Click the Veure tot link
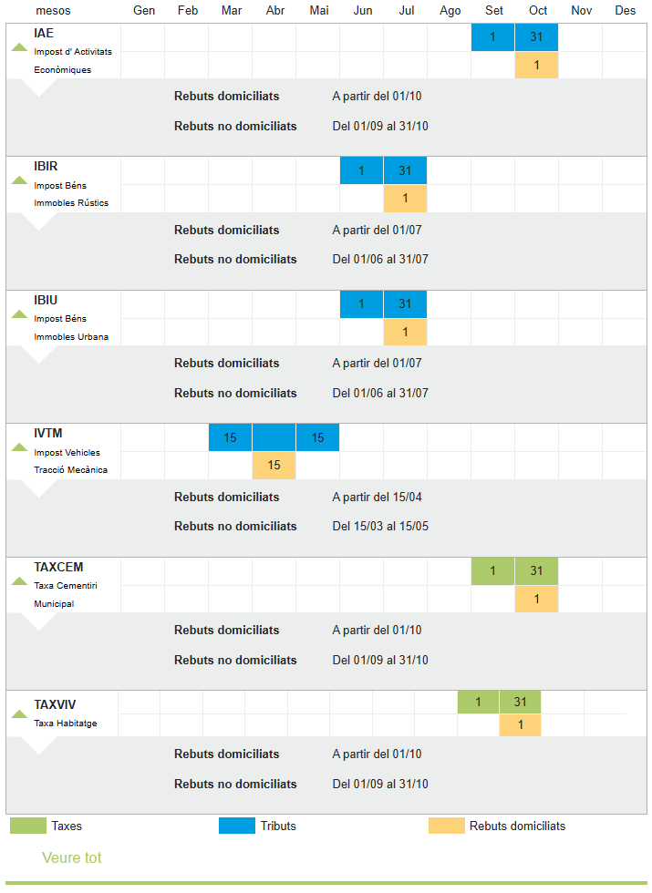pyautogui.click(x=71, y=858)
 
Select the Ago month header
pyautogui.click(x=450, y=11)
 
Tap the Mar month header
pyautogui.click(x=231, y=11)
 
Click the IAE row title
pyautogui.click(x=44, y=34)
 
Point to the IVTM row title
pyautogui.click(x=48, y=434)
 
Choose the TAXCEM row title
pyautogui.click(x=58, y=567)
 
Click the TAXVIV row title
pyautogui.click(x=55, y=704)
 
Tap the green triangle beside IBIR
pyautogui.click(x=19, y=180)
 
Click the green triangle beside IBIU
pyautogui.click(x=19, y=314)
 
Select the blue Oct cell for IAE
pyautogui.click(x=536, y=37)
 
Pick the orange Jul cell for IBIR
pyautogui.click(x=405, y=199)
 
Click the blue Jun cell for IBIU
pyautogui.click(x=361, y=304)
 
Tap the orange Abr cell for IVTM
pyautogui.click(x=274, y=466)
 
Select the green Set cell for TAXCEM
pyautogui.click(x=492, y=571)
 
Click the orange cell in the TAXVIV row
pyautogui.click(x=520, y=725)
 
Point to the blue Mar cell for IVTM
pyautogui.click(x=230, y=437)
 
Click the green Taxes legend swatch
pyautogui.click(x=27, y=826)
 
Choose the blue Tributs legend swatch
pyautogui.click(x=236, y=826)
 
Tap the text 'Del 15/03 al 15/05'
pyautogui.click(x=380, y=527)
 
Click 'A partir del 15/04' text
pyautogui.click(x=377, y=498)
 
